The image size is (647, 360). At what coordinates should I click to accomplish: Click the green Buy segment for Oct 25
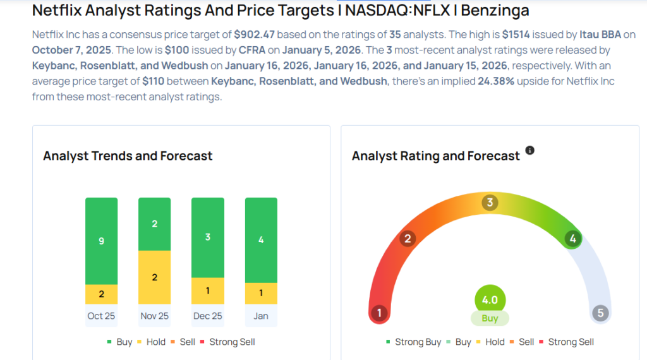click(x=101, y=241)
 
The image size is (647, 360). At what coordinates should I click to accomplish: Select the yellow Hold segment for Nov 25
click(x=154, y=277)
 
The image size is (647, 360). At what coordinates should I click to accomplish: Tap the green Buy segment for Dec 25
click(x=207, y=237)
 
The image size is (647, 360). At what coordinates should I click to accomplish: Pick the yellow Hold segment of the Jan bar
click(x=260, y=292)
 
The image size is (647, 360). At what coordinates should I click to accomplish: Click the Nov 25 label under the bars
click(x=154, y=315)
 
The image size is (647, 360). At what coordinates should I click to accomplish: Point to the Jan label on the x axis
click(x=260, y=315)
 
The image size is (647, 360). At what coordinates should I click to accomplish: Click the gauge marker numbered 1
click(x=379, y=313)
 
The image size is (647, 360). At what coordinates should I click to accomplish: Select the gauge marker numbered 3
click(x=490, y=203)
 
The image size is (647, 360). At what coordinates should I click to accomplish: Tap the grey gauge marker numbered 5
click(x=600, y=313)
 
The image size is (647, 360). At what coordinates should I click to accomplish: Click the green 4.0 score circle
click(x=490, y=300)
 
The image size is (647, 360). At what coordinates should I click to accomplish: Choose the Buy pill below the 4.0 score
click(x=490, y=318)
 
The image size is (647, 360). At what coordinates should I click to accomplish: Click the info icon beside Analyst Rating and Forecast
click(x=529, y=150)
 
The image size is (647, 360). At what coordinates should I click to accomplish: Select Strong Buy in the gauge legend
click(x=413, y=342)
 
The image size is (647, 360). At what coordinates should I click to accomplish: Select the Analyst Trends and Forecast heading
click(x=128, y=156)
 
